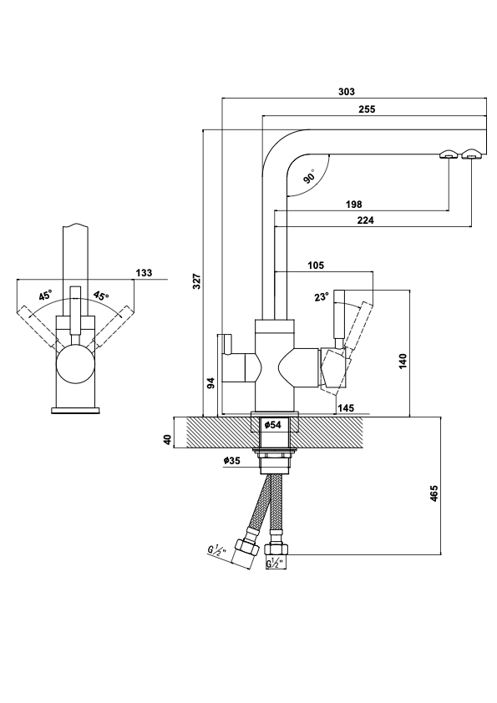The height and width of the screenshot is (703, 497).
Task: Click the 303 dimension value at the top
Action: point(347,92)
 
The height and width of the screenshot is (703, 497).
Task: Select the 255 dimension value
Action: point(367,109)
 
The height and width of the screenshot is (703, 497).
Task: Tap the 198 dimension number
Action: point(354,205)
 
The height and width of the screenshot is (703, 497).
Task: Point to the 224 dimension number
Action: point(366,220)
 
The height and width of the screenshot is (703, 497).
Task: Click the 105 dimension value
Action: point(316,266)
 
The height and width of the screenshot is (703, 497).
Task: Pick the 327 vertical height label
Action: point(197,281)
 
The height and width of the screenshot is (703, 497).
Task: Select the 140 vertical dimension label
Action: point(403,362)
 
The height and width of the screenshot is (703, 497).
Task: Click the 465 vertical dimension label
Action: point(434,493)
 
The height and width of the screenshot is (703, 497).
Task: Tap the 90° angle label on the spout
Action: point(310,176)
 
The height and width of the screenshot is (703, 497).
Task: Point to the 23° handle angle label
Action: point(322,296)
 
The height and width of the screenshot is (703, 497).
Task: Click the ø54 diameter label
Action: point(272,425)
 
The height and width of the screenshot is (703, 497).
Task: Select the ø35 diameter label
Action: point(232,460)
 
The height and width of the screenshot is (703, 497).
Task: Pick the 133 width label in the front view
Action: point(144,272)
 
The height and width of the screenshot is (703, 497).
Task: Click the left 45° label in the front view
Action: point(45,296)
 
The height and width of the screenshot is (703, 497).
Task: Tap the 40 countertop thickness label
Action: point(167,440)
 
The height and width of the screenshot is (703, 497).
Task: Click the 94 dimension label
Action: point(211,382)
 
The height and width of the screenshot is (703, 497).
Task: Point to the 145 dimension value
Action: point(346,408)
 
